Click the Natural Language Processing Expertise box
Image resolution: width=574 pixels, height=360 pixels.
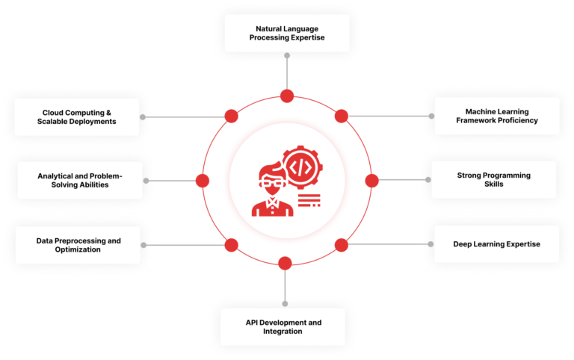click(287, 33)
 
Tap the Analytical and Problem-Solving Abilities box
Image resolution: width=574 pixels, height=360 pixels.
click(79, 180)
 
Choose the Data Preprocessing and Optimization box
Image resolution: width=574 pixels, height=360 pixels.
click(78, 245)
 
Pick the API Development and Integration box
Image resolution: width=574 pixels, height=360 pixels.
click(283, 326)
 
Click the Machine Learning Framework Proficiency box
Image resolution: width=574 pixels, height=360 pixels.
click(496, 116)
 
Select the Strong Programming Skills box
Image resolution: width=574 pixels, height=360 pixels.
click(494, 180)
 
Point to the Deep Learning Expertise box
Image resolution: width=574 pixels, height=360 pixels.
click(496, 244)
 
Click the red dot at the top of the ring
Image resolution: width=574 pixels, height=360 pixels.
click(286, 96)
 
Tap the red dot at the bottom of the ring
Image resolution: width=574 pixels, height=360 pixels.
click(284, 263)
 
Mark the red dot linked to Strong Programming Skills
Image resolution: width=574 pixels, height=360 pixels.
click(371, 180)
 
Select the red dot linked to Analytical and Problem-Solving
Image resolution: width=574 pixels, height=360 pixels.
click(202, 180)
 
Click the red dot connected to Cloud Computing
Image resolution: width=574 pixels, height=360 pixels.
click(232, 116)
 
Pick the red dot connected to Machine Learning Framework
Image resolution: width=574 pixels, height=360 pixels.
click(342, 116)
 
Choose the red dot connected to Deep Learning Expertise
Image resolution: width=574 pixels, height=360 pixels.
click(341, 244)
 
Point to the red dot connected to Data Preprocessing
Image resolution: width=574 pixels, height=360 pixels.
click(232, 244)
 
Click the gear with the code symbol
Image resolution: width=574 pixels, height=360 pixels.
click(300, 165)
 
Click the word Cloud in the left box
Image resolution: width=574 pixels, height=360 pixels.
click(54, 112)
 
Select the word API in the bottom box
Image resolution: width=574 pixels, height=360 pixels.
click(253, 322)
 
